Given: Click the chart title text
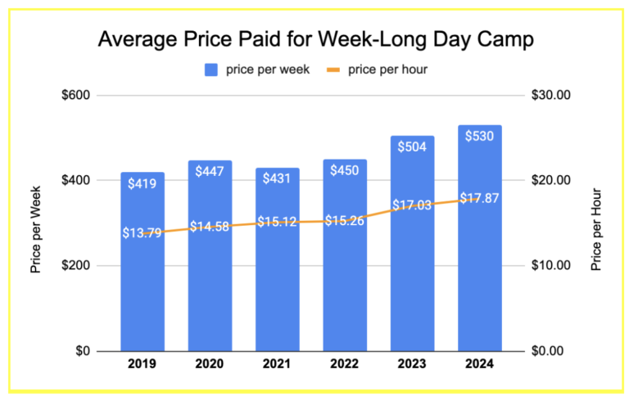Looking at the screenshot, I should pyautogui.click(x=314, y=39).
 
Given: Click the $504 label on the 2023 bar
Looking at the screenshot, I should pyautogui.click(x=412, y=147).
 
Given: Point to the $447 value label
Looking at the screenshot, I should pyautogui.click(x=210, y=171).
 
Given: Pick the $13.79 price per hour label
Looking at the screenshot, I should pyautogui.click(x=142, y=233).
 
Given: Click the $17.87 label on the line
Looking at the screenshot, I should pyautogui.click(x=480, y=198).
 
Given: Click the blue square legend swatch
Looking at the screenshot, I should pyautogui.click(x=210, y=70).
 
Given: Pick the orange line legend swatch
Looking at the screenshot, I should pyautogui.click(x=332, y=70).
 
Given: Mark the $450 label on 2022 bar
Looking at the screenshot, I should pyautogui.click(x=344, y=170).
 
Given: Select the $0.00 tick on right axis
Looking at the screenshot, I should pyautogui.click(x=552, y=351).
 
